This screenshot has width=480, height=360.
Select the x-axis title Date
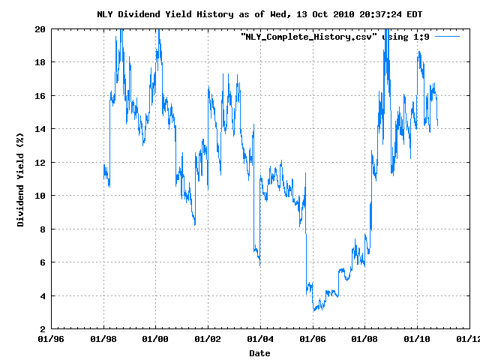point(259,352)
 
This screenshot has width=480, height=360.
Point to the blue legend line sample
point(446,36)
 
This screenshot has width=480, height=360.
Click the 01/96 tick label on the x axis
point(50,340)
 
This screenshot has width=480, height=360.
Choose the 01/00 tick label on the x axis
point(155,340)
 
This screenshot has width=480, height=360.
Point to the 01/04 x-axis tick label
point(259,340)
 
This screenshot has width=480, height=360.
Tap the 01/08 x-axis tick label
point(364,340)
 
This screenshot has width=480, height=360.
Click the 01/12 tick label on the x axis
point(469,340)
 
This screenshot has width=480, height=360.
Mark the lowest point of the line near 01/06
point(313,310)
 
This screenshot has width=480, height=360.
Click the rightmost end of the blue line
point(437,124)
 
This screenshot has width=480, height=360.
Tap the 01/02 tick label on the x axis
point(208,340)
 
